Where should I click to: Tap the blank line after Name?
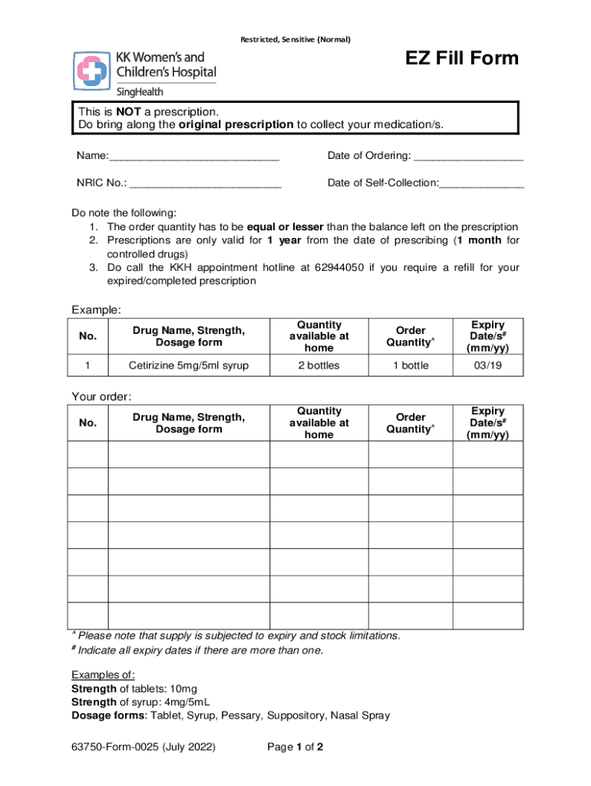coord(194,157)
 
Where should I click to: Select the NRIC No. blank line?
coord(205,183)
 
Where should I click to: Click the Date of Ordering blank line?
coord(468,157)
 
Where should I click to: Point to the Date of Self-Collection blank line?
coord(481,183)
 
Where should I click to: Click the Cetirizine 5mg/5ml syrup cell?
coord(188,365)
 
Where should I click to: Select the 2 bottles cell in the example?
coord(319,365)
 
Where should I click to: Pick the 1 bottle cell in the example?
coord(411,365)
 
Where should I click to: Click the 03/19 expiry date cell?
coord(487,365)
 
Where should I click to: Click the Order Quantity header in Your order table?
coord(411,423)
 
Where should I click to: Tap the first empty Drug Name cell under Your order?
coord(188,454)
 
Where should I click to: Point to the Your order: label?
coord(101,397)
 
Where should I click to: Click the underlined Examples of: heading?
coord(103,675)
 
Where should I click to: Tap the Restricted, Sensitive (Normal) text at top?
coord(295,40)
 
